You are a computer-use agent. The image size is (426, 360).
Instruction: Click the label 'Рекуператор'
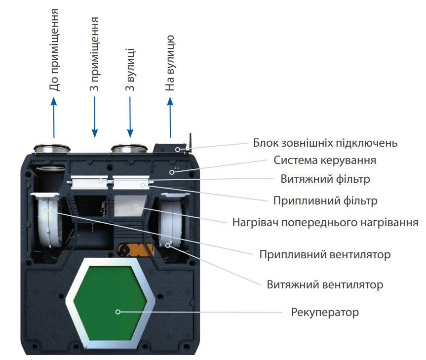[x=325, y=313]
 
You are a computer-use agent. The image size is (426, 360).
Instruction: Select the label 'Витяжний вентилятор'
[x=325, y=285]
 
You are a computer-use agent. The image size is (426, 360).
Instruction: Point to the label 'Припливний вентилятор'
[x=325, y=255]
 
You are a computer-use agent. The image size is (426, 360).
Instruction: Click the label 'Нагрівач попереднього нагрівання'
[x=325, y=222]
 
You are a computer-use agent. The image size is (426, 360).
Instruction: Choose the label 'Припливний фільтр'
[x=325, y=201]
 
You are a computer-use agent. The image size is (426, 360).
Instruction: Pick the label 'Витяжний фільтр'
[x=325, y=178]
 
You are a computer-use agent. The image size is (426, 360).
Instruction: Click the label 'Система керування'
[x=325, y=160]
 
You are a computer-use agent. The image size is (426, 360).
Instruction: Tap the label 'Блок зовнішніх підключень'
[x=325, y=143]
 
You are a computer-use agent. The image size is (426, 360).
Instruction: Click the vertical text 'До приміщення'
[x=55, y=49]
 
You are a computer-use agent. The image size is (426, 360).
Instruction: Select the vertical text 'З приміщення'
[x=94, y=54]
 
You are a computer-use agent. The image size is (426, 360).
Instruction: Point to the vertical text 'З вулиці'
[x=130, y=70]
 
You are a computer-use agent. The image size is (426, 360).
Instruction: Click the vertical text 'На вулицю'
[x=170, y=63]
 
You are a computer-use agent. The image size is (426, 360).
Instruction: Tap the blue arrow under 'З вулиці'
[x=130, y=117]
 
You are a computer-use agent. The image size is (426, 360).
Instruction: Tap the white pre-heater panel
[x=130, y=205]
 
